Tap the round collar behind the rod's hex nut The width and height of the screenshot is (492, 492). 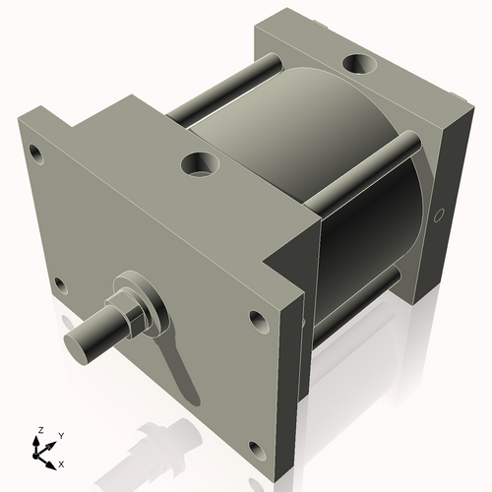coord(145,299)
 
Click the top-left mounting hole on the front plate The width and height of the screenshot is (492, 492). coord(36,154)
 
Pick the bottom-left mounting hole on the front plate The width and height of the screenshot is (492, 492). coord(60,286)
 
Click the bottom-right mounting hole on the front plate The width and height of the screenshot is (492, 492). coord(256,451)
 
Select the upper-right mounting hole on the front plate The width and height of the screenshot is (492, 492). coord(258,320)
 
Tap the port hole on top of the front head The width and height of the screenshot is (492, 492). coord(201,163)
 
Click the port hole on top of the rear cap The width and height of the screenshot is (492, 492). coord(357,66)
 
